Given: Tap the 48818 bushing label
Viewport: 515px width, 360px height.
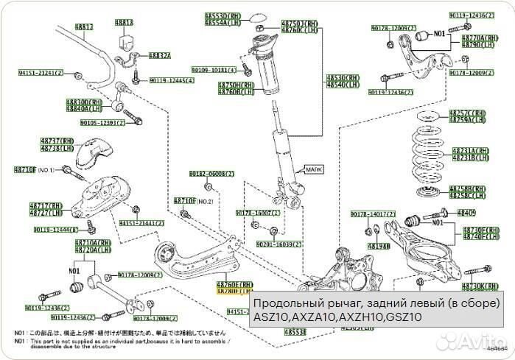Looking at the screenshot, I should (124, 23).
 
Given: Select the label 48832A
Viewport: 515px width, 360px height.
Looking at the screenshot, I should (159, 55).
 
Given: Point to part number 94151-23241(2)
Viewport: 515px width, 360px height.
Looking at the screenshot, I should (41, 73).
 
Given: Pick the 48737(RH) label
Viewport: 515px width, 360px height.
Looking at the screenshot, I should (57, 139).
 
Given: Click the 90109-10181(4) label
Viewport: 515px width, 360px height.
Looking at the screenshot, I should (214, 69).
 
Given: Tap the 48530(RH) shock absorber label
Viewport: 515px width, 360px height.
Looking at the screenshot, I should (344, 78).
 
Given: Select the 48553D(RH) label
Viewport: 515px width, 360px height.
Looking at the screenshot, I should (224, 15).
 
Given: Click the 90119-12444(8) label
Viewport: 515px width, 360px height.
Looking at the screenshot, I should (55, 230).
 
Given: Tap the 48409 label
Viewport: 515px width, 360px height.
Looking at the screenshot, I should (466, 212).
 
